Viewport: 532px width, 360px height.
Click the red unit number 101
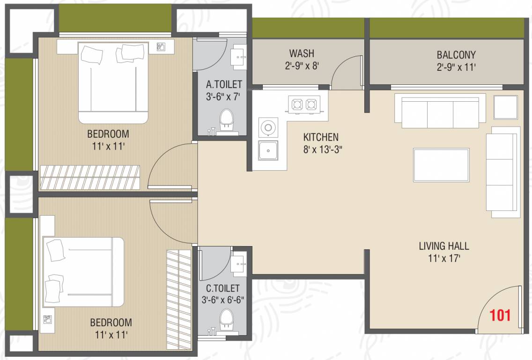click(x=500, y=315)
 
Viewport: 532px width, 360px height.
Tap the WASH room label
click(x=302, y=53)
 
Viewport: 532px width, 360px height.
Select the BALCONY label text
click(x=456, y=55)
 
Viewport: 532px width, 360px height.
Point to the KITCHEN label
click(x=321, y=137)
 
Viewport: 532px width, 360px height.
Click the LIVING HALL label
click(x=444, y=246)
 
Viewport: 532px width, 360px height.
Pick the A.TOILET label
click(x=224, y=84)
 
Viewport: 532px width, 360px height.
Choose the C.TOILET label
click(x=223, y=288)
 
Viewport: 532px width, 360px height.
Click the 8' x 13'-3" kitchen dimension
click(x=322, y=150)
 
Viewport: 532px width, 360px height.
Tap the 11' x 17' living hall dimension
click(x=444, y=258)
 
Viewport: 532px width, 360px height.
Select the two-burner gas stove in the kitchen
click(x=304, y=104)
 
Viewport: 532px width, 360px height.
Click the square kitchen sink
click(x=268, y=150)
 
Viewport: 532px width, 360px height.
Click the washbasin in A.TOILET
click(x=238, y=55)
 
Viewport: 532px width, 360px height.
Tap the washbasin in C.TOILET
click(x=239, y=263)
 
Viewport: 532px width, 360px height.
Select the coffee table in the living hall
click(x=441, y=165)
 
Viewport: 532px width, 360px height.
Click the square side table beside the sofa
click(x=505, y=107)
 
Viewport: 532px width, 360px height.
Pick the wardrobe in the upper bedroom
click(x=90, y=177)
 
